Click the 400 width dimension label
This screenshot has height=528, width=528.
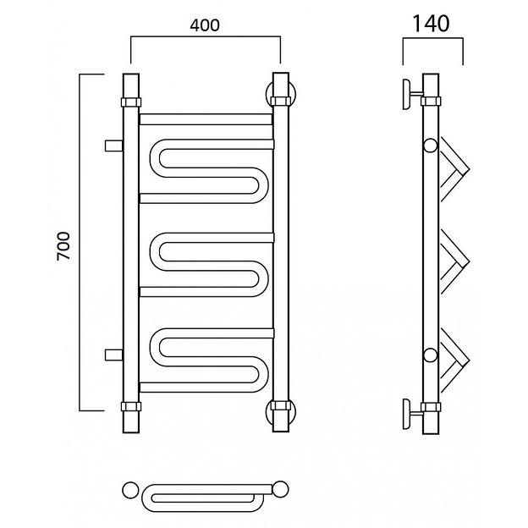205,25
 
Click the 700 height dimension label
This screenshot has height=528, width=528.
63,246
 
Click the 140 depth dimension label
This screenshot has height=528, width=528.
431,23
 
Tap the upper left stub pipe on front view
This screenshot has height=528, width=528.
114,146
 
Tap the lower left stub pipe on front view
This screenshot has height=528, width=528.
114,355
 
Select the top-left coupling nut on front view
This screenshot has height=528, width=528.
131,102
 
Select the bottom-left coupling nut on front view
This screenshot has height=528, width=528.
131,406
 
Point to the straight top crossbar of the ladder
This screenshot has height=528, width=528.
206,119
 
